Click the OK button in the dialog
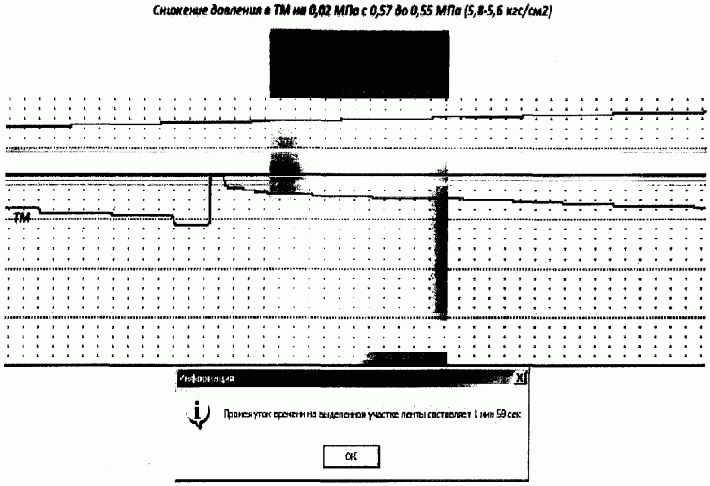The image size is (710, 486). point(351,457)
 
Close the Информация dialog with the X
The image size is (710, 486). point(520,378)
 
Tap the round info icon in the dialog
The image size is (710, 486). point(198,414)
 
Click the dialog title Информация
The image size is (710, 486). point(206,378)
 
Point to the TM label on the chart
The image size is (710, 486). point(22,218)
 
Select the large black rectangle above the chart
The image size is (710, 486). point(359,64)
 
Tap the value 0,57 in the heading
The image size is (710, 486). point(380,11)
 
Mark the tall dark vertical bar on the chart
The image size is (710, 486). point(440,253)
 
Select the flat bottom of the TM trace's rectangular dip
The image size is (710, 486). point(191,225)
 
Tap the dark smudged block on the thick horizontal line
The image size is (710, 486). point(285,173)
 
